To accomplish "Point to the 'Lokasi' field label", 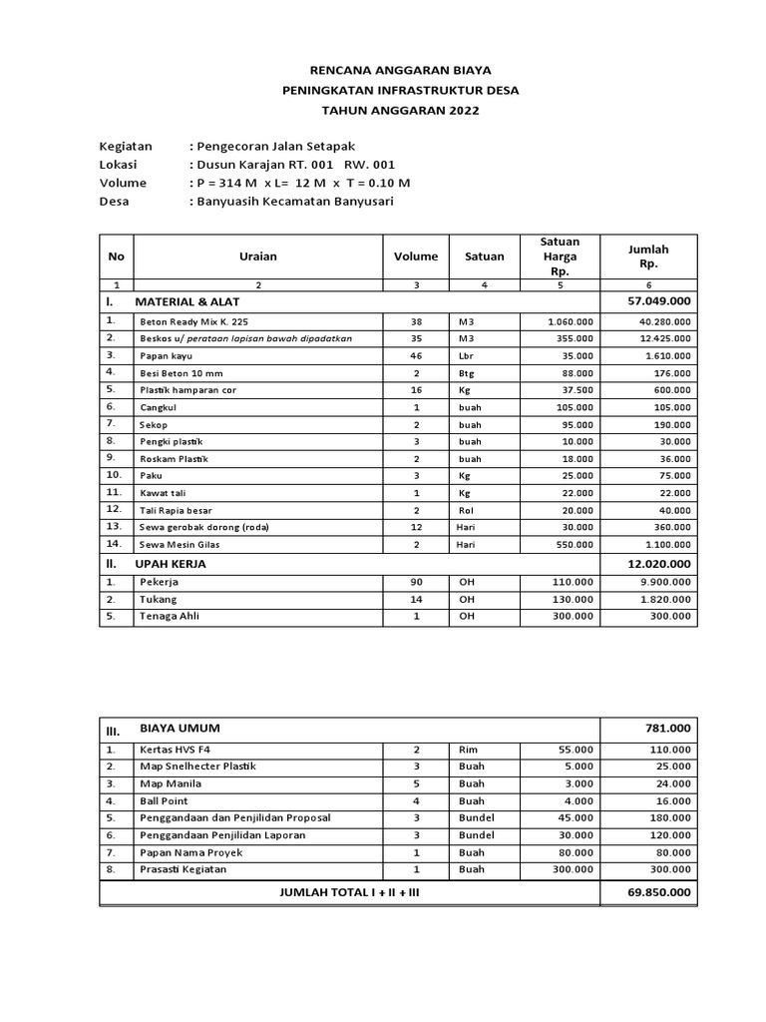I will pos(118,165).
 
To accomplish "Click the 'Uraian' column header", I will pos(258,256).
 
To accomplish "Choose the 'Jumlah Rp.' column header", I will pos(648,256).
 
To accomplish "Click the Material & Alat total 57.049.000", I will pos(658,300).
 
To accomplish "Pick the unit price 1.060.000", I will pos(571,321).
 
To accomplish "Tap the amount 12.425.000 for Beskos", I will pos(661,338).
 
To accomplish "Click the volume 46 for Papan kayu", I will pos(416,355).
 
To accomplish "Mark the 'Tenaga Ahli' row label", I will pos(170,616).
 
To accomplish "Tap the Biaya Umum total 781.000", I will pos(669,730).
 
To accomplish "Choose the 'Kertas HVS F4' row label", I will pos(177,749).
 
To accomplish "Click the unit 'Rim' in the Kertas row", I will pos(467,749).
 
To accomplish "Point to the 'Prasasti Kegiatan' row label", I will pos(184,870).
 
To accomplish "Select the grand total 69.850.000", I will pos(658,891).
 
